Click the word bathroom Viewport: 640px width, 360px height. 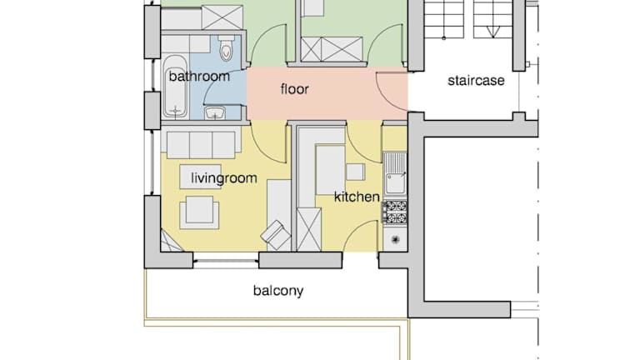199,77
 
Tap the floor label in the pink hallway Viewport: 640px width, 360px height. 295,88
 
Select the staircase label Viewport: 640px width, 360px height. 476,80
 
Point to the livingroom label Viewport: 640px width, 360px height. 224,178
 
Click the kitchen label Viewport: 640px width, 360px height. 357,197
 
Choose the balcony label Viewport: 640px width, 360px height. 278,291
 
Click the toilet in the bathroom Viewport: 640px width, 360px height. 226,47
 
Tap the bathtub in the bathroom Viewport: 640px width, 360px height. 176,87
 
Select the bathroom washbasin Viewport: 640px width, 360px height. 215,112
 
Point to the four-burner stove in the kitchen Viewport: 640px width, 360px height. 395,212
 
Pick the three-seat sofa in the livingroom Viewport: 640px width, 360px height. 201,142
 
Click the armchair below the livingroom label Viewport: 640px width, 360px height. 199,212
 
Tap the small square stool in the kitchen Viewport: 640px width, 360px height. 356,172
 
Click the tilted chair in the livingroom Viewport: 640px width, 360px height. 276,235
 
